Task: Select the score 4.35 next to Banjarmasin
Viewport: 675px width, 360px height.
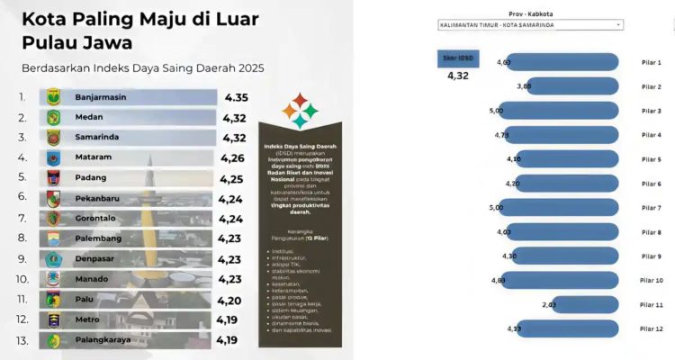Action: tap(237, 95)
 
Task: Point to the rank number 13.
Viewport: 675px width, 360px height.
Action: tap(22, 340)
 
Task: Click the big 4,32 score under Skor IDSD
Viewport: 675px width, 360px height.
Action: tap(457, 77)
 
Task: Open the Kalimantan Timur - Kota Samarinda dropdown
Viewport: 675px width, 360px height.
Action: tap(531, 25)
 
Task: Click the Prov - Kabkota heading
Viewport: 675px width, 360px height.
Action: tap(530, 13)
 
